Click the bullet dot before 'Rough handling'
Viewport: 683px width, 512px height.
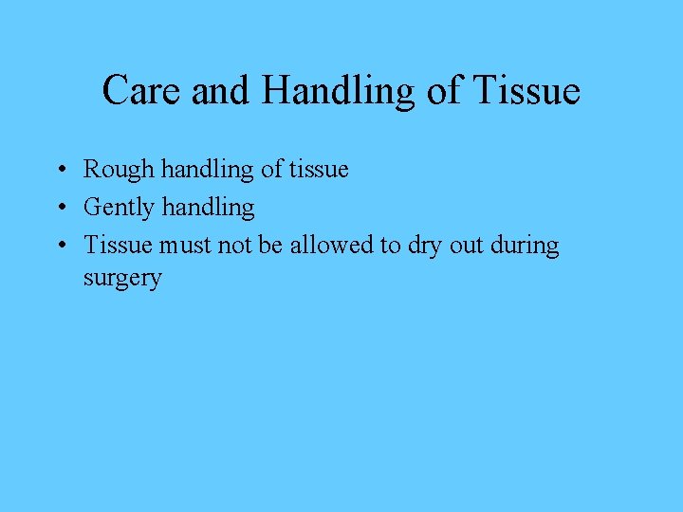pyautogui.click(x=60, y=171)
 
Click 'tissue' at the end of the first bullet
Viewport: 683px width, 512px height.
pyautogui.click(x=319, y=170)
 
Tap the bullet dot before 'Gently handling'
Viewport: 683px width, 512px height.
pyautogui.click(x=60, y=208)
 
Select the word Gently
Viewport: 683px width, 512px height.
pyautogui.click(x=118, y=208)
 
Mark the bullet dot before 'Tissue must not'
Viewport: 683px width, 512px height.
pyautogui.click(x=60, y=246)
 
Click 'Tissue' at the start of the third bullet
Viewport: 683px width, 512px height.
pyautogui.click(x=118, y=245)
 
